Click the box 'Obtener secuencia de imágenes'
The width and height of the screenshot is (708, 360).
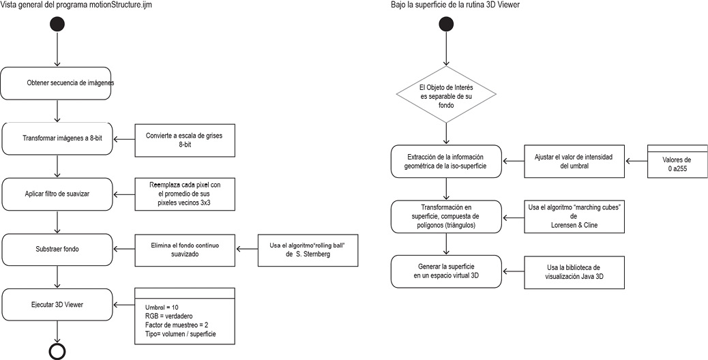(57, 83)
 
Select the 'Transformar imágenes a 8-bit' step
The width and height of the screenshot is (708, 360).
(57, 138)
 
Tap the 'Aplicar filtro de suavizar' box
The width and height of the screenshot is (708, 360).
(57, 194)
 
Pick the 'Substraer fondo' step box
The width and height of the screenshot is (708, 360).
(57, 250)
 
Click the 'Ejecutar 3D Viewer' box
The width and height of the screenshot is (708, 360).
(57, 305)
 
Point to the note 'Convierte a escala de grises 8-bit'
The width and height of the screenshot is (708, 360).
(185, 139)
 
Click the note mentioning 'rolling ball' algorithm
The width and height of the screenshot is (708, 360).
(308, 250)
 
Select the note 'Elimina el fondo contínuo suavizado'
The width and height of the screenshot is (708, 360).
(185, 250)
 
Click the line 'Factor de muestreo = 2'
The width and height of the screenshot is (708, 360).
(177, 325)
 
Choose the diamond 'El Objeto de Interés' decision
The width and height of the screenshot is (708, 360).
(446, 94)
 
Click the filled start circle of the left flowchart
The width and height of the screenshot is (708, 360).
(57, 24)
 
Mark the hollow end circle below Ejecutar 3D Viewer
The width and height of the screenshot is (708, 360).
(57, 351)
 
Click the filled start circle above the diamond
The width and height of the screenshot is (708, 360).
(445, 24)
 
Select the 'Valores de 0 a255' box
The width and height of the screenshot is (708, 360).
(677, 161)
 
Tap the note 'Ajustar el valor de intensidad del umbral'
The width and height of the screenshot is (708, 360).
(574, 161)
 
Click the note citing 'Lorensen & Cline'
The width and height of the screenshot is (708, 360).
(574, 217)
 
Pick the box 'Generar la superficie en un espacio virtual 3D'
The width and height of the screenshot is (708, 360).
(446, 271)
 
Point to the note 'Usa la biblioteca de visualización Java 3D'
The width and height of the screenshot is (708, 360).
(574, 272)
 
